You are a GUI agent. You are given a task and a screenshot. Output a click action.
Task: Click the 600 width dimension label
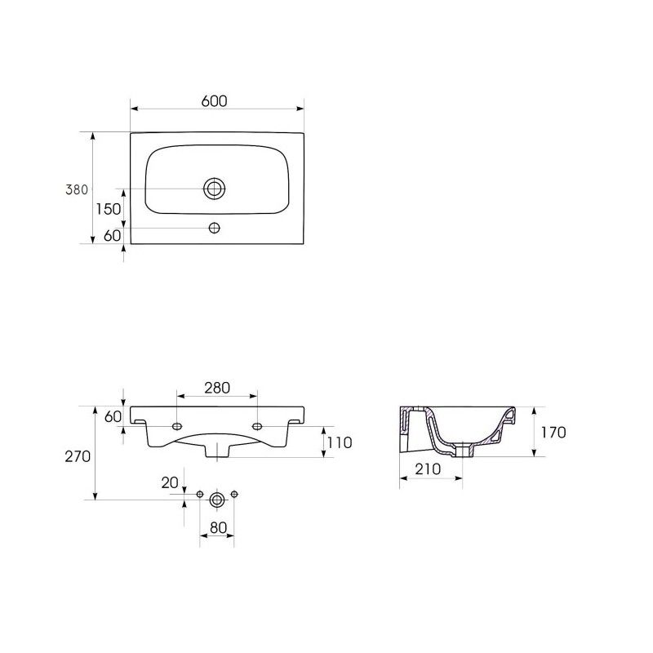click(x=215, y=100)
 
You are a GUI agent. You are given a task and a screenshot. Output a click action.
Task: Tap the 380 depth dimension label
click(x=77, y=190)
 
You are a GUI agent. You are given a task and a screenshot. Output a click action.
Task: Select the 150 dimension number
click(x=109, y=209)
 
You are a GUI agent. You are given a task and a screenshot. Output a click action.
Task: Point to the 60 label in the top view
click(x=112, y=236)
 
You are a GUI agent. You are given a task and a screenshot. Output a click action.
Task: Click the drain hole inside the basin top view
click(x=215, y=189)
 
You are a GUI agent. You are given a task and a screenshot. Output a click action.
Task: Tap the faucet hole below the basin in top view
click(x=215, y=228)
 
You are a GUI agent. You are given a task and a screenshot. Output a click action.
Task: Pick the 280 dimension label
click(x=217, y=388)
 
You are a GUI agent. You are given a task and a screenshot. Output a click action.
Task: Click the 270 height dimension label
click(x=78, y=457)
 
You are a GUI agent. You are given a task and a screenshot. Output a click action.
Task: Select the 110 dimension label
click(x=340, y=442)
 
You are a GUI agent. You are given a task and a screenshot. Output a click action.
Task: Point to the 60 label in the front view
click(x=113, y=416)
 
